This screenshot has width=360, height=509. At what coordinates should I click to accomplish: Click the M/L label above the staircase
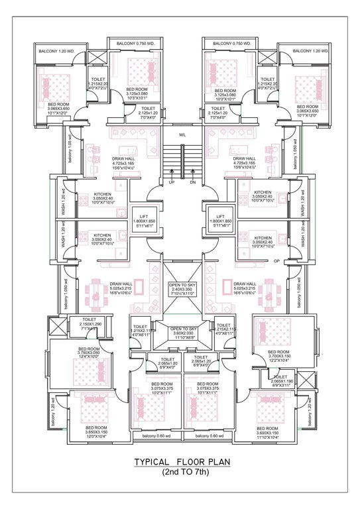(x=182, y=135)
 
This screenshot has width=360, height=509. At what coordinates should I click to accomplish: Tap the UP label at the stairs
(x=171, y=182)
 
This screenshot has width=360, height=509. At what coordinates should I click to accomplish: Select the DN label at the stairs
(x=192, y=182)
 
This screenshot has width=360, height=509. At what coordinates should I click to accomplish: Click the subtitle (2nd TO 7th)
(x=182, y=473)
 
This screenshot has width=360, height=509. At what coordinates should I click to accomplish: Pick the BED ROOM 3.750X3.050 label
(x=89, y=353)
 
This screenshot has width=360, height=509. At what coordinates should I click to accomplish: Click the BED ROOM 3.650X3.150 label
(x=95, y=431)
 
